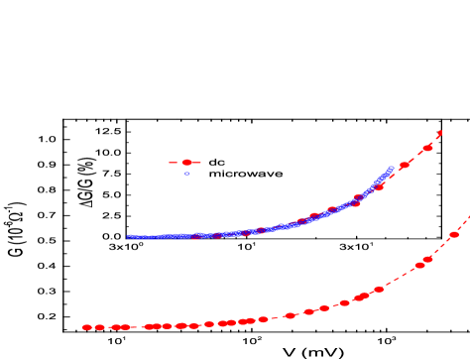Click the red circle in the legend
pyautogui.click(x=186, y=162)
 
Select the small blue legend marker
pyautogui.click(x=186, y=174)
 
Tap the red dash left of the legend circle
pyautogui.click(x=173, y=162)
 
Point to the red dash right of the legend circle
pyautogui.click(x=198, y=162)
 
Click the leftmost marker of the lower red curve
pyautogui.click(x=87, y=327)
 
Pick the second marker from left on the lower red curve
pyautogui.click(x=100, y=327)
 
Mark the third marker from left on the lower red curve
pyautogui.click(x=116, y=327)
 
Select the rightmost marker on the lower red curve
pyautogui.click(x=454, y=235)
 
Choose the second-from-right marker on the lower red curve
pyautogui.click(x=428, y=260)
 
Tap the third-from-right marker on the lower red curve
pyautogui.click(x=419, y=266)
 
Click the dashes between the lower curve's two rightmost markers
pyautogui.click(x=442, y=248)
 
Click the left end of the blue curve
pyautogui.click(x=129, y=236)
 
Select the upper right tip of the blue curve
pyautogui.click(x=392, y=168)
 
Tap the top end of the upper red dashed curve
pyautogui.click(x=440, y=130)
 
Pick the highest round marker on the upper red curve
pyautogui.click(x=428, y=148)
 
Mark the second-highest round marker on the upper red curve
pyautogui.click(x=405, y=165)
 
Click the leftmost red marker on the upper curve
pyautogui.click(x=196, y=236)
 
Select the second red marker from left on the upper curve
pyautogui.click(x=217, y=235)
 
